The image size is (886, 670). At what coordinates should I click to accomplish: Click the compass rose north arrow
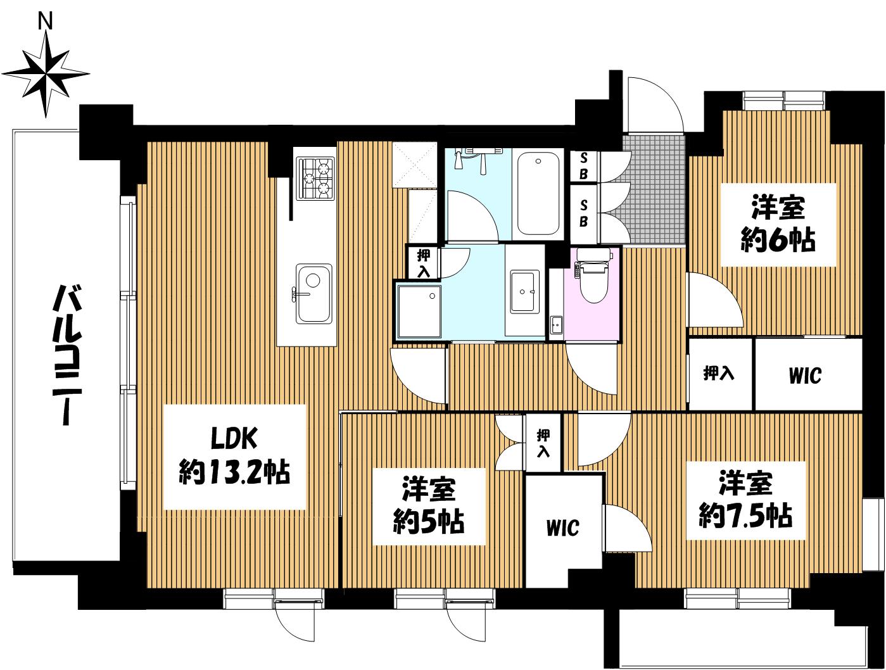(x=46, y=74)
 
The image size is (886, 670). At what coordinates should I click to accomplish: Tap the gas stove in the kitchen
(x=315, y=179)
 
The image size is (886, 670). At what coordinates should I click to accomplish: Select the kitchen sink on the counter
(x=313, y=293)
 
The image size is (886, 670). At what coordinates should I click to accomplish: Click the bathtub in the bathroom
(x=538, y=193)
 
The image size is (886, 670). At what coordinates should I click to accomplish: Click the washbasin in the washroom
(x=524, y=292)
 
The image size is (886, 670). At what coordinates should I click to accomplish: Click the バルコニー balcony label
(x=67, y=356)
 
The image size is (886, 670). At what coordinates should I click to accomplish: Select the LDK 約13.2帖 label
(x=234, y=456)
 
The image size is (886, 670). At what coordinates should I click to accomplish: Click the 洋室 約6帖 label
(x=778, y=224)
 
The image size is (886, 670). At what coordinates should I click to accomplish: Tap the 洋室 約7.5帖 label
(x=746, y=500)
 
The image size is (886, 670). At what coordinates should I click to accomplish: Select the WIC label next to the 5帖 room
(x=562, y=528)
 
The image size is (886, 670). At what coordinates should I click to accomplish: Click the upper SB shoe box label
(x=583, y=167)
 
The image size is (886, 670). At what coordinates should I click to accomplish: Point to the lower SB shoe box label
(x=583, y=213)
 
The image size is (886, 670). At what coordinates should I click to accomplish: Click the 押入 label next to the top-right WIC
(x=718, y=373)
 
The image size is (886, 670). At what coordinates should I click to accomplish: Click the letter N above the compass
(x=46, y=22)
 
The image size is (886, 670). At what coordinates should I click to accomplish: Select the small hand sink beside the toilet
(x=557, y=325)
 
